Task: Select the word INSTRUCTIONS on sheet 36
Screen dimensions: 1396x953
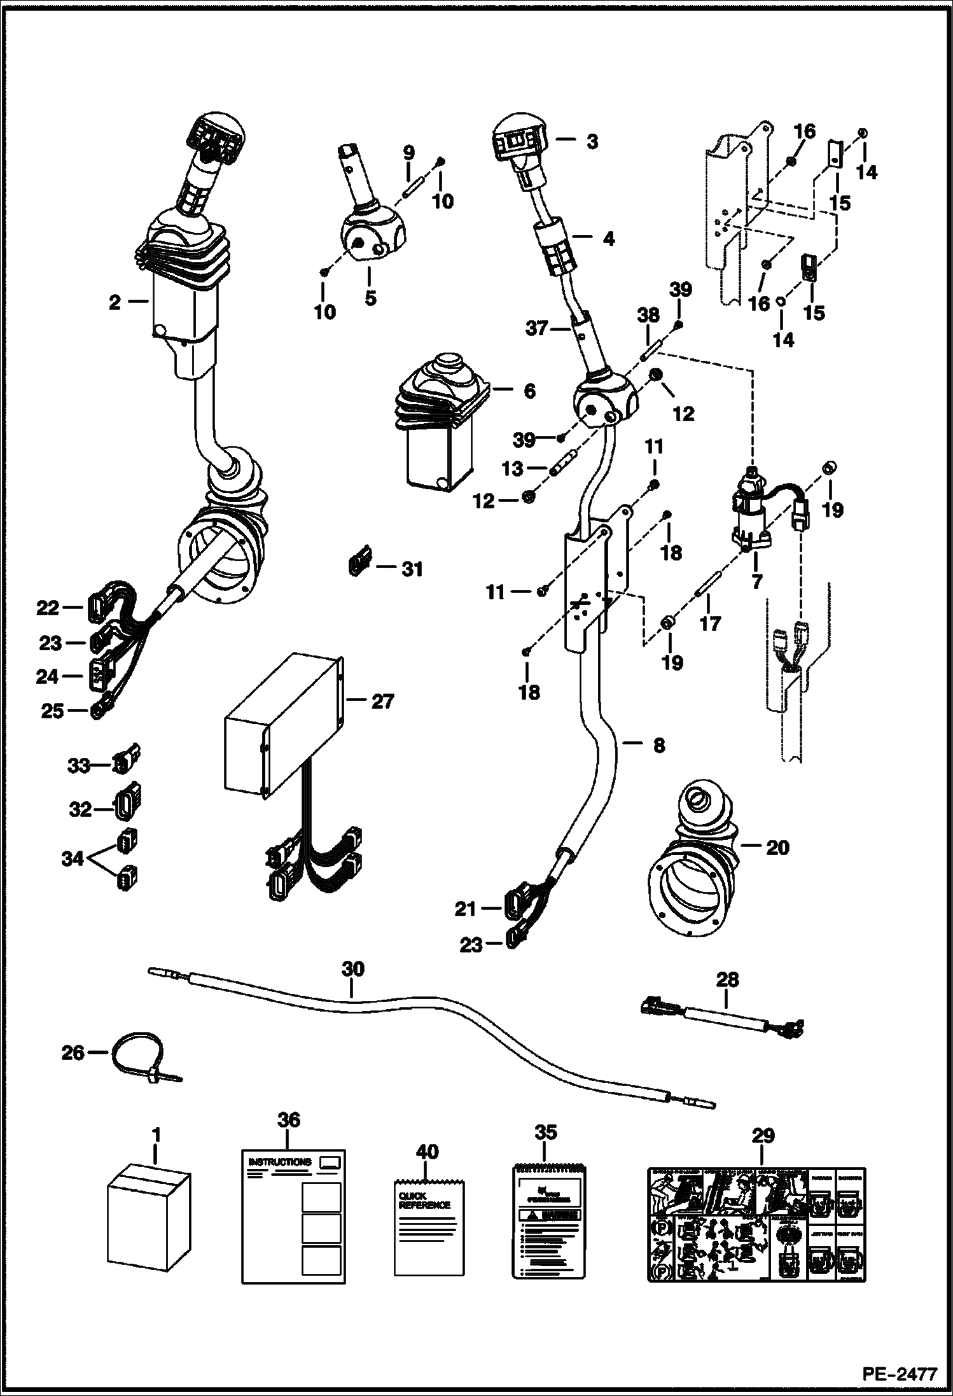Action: tap(280, 1162)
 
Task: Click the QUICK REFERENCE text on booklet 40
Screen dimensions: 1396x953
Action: tap(424, 1200)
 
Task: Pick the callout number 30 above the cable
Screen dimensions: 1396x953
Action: tap(353, 968)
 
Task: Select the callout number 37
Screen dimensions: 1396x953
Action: tap(538, 329)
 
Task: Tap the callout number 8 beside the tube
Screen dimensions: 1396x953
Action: tap(659, 744)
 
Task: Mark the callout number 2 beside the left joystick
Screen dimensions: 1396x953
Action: tap(115, 302)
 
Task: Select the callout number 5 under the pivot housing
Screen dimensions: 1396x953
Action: tap(370, 297)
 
